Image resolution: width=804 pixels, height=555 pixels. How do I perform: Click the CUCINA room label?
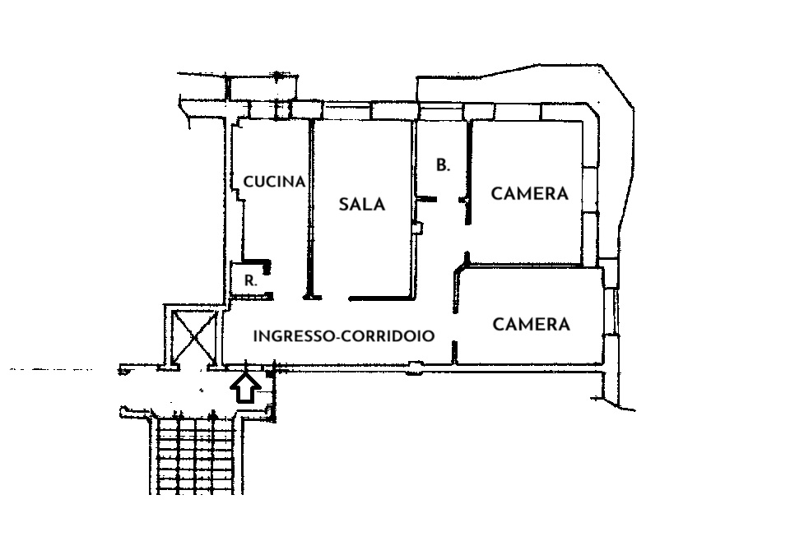click(x=274, y=182)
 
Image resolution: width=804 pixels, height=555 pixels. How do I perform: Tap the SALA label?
click(x=362, y=204)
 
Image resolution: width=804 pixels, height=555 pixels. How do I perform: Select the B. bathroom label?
click(x=443, y=165)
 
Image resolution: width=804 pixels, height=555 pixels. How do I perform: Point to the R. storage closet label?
click(x=250, y=281)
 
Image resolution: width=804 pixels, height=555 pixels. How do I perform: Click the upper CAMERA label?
click(x=530, y=193)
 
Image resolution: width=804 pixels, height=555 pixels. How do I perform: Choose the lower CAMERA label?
click(x=532, y=324)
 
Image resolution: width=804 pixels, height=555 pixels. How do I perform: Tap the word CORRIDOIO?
click(x=388, y=335)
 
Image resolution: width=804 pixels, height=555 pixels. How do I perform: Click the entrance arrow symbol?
click(x=245, y=388)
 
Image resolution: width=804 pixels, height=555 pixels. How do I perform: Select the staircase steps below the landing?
click(x=196, y=455)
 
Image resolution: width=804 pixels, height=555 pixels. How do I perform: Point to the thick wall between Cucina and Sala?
click(x=310, y=209)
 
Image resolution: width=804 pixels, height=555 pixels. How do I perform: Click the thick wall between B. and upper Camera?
click(x=468, y=172)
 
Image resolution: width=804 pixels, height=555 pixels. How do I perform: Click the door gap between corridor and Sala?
click(x=335, y=298)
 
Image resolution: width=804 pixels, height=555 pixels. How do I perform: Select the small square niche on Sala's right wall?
click(x=418, y=227)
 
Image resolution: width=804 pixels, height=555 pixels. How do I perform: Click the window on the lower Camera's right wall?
click(x=611, y=312)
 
